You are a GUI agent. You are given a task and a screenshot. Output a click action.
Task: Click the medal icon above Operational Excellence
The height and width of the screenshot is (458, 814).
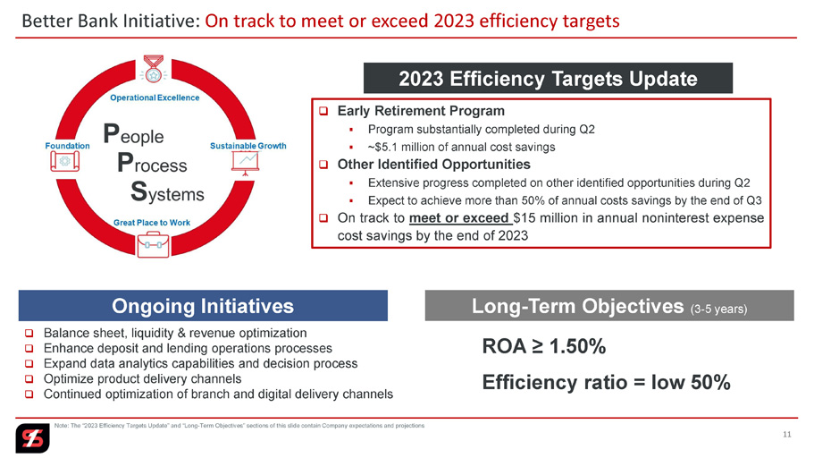click(153, 69)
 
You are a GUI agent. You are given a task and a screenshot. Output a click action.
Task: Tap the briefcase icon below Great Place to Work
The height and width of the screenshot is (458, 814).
click(153, 245)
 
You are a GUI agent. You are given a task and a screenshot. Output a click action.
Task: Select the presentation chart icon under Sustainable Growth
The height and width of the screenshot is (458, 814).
click(245, 163)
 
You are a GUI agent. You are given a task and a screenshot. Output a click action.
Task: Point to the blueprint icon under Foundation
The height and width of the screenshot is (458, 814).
click(65, 162)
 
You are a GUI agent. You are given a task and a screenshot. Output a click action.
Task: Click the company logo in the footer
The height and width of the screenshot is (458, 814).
click(32, 438)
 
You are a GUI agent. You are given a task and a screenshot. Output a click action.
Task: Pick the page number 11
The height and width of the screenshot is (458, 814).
click(787, 434)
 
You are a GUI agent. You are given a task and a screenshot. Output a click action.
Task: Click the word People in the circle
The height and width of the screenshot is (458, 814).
click(133, 134)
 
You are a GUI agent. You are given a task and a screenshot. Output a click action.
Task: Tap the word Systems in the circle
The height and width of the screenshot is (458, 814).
click(167, 191)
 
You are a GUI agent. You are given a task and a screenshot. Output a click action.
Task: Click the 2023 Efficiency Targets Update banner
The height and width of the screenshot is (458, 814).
click(548, 79)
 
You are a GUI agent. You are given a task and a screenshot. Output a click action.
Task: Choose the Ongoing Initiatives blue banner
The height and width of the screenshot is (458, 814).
click(203, 306)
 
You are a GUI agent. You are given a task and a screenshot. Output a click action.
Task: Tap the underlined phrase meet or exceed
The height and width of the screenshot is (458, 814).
click(459, 218)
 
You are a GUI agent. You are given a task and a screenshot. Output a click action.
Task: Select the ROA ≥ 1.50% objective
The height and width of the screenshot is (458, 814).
click(544, 346)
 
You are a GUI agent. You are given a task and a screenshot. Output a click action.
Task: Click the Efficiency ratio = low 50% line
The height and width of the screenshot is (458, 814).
click(607, 383)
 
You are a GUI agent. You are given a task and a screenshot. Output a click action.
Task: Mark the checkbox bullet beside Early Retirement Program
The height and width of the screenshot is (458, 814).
click(323, 111)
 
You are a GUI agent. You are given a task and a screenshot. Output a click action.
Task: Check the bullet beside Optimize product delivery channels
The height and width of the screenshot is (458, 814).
click(29, 379)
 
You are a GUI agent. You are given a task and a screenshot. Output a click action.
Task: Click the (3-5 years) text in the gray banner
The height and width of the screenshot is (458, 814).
click(718, 309)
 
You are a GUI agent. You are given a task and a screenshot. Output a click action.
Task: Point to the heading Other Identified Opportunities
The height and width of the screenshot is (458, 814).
click(434, 165)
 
